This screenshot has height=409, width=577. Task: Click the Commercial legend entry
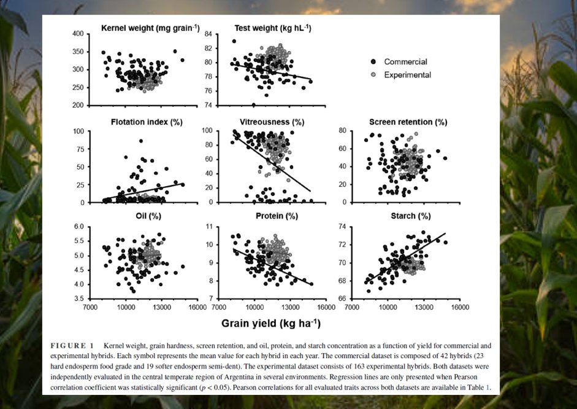pos(405,62)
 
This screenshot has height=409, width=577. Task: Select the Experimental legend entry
pos(407,75)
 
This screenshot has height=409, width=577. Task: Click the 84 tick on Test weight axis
pos(208,34)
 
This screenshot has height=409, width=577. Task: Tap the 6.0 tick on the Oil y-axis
pos(78,227)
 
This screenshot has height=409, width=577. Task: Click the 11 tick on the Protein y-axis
pos(208,227)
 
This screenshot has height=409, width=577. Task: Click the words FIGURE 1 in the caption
pos(72,346)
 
